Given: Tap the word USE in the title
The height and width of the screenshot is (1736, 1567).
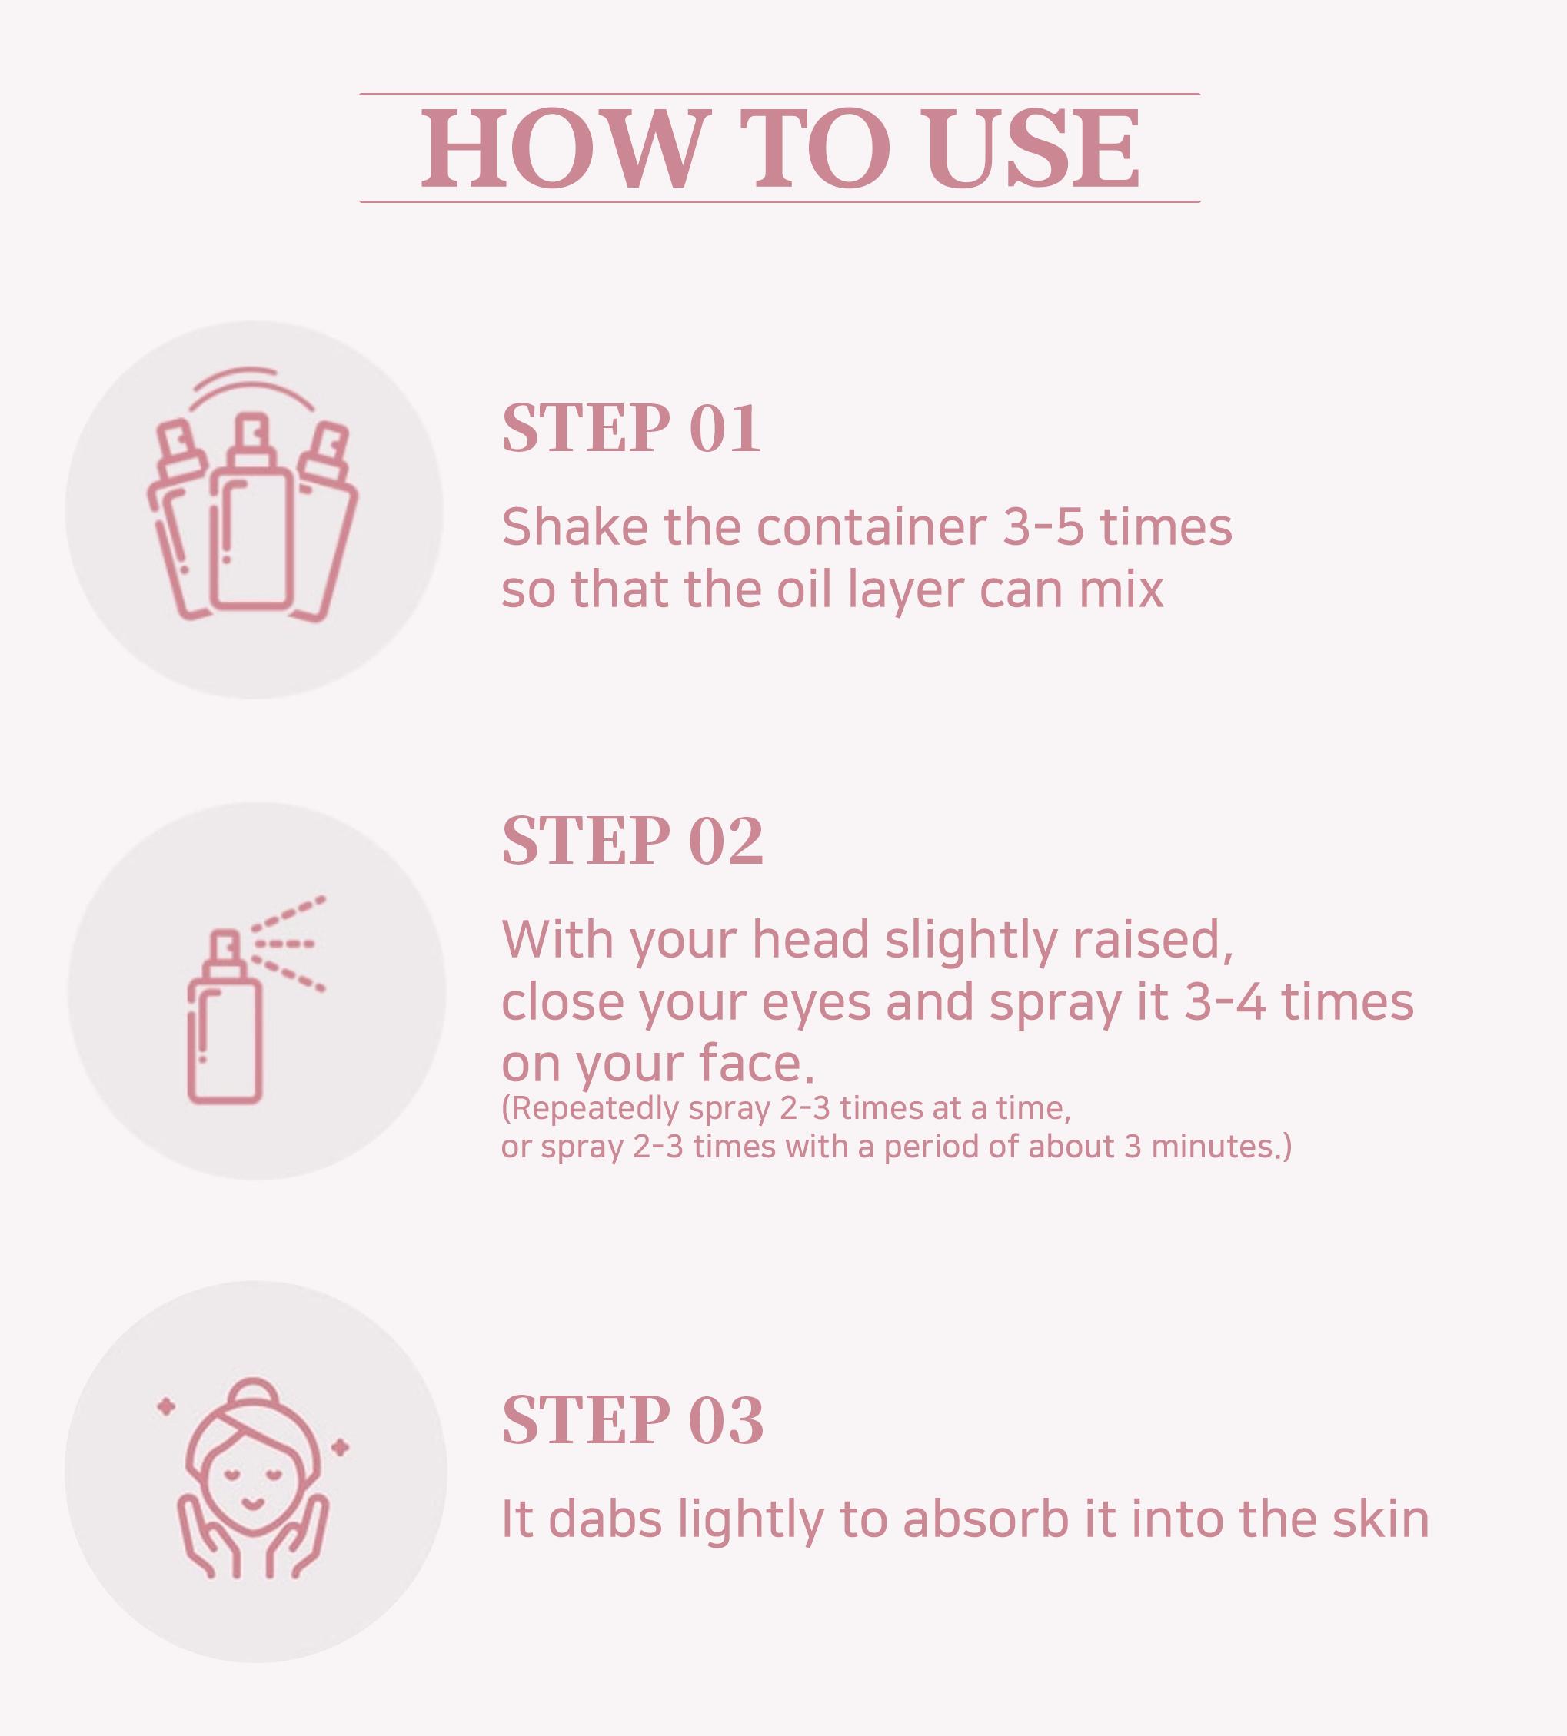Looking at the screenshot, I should (x=1033, y=148).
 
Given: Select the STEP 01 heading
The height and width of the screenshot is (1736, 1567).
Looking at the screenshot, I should (x=631, y=428).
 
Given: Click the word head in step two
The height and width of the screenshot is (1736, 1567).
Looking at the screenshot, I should (x=810, y=939).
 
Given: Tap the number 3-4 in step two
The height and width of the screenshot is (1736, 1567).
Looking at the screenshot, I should (x=1224, y=1002).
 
